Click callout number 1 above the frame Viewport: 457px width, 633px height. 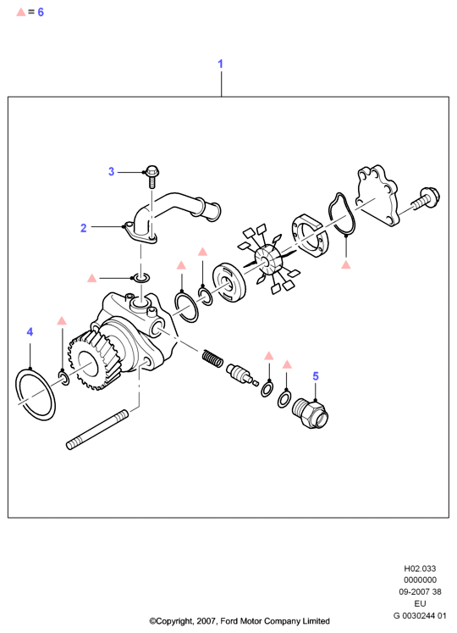[220, 64]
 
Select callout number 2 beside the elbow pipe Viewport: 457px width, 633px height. [84, 228]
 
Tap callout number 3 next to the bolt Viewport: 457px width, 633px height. [112, 171]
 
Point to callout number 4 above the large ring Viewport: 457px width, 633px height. [30, 332]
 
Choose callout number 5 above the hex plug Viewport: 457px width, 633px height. [316, 376]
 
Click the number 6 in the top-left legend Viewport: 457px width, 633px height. [41, 12]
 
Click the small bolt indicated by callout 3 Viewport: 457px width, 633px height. [152, 176]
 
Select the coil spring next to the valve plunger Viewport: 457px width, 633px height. [212, 358]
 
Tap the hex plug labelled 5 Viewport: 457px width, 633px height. [310, 413]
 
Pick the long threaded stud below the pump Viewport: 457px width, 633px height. [97, 430]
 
